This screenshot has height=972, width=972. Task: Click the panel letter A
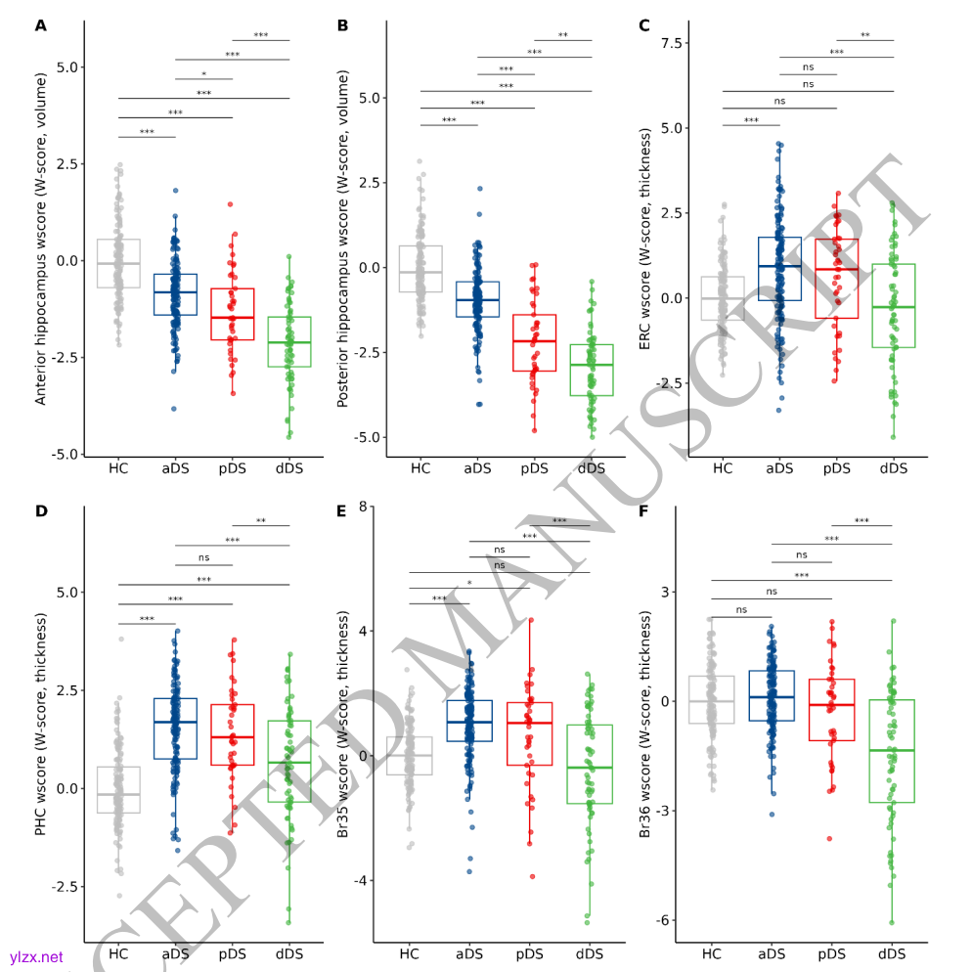(x=40, y=25)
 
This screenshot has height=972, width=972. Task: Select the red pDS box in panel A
(x=233, y=314)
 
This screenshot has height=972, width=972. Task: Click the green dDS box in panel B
(x=592, y=370)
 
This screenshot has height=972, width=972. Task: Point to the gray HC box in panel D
(x=118, y=789)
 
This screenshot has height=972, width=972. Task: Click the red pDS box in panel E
(x=530, y=733)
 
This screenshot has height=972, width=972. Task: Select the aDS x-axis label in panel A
(x=175, y=468)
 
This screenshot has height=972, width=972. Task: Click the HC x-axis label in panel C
(x=723, y=468)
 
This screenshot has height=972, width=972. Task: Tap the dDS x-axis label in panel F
(x=892, y=953)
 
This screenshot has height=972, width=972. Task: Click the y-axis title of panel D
(x=40, y=724)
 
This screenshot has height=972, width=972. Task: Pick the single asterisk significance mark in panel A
(x=203, y=74)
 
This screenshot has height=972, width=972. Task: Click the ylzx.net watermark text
(x=36, y=957)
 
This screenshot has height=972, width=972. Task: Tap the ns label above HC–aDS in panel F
(x=741, y=610)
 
